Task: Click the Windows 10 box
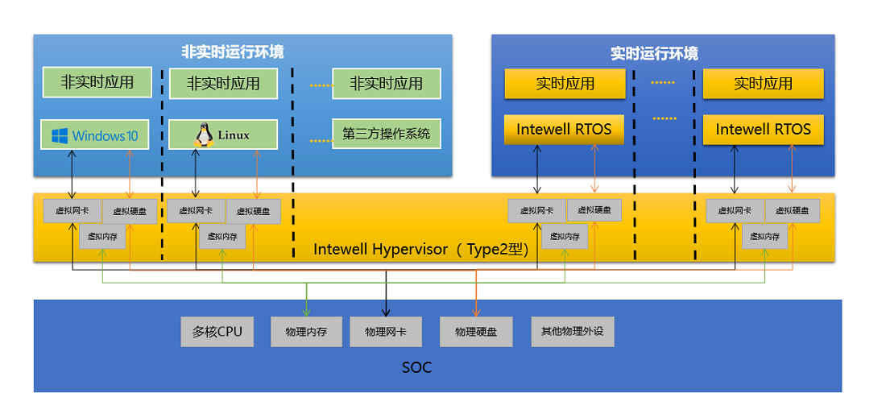click(x=95, y=135)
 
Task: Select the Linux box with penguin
click(x=223, y=135)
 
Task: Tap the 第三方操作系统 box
click(x=386, y=134)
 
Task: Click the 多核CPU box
click(x=217, y=332)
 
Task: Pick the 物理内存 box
click(x=306, y=332)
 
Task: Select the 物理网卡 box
click(x=386, y=332)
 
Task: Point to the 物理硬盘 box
click(x=476, y=332)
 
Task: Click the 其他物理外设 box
click(x=573, y=332)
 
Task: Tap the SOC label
click(x=416, y=368)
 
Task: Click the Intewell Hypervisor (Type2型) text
click(x=420, y=250)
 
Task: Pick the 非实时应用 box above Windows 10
click(x=97, y=82)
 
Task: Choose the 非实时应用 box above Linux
click(x=223, y=84)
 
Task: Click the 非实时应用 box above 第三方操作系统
click(x=387, y=84)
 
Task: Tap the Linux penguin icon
click(x=203, y=135)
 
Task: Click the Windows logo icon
click(x=59, y=135)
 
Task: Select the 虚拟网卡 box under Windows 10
click(x=72, y=211)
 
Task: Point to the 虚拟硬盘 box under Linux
click(x=254, y=212)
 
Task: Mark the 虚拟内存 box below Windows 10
click(x=102, y=237)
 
